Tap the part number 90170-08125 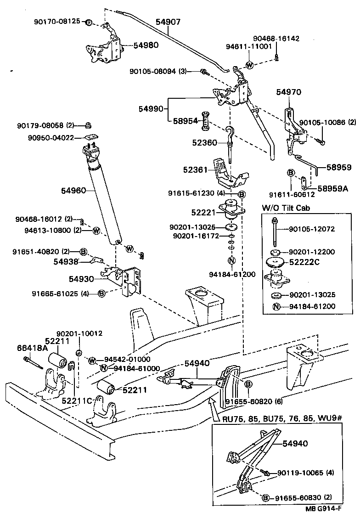(57, 22)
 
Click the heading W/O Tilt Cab (286, 208)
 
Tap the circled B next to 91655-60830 (265, 498)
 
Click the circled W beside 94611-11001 (249, 65)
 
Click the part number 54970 (288, 92)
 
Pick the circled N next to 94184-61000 (104, 368)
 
